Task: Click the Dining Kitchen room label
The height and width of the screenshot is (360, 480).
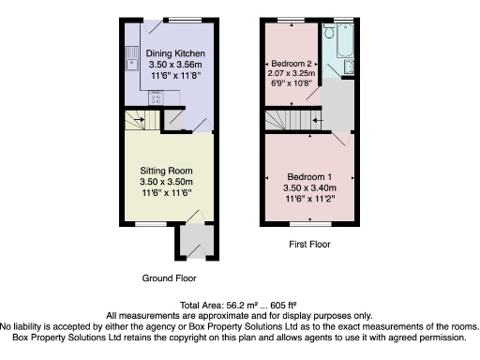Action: coord(169,53)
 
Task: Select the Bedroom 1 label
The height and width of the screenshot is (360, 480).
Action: coord(309,176)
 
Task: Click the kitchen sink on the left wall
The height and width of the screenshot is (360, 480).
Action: coord(131,58)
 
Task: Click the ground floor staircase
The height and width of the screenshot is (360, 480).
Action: coord(137,119)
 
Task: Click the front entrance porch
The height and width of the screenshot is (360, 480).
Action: coord(193,241)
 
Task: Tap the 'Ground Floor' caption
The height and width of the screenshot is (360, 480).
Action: coord(169,278)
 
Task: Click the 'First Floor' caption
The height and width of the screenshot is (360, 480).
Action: coord(309,246)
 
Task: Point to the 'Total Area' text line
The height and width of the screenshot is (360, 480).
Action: coord(240,305)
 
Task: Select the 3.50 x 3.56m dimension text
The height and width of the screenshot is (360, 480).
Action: coord(169,65)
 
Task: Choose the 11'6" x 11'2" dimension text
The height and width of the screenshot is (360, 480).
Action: coord(309,198)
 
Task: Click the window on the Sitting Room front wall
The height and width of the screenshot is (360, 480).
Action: coord(148,224)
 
